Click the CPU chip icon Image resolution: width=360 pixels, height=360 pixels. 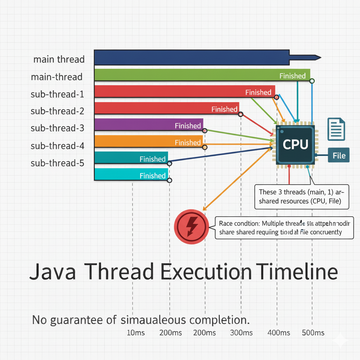[x=295, y=144]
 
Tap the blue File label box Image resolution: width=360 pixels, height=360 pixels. [x=339, y=155]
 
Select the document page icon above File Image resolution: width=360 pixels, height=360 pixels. [x=336, y=129]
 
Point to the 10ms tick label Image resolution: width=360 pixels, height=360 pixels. [x=135, y=333]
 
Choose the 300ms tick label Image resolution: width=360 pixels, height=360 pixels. [x=241, y=333]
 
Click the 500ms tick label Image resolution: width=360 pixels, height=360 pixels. [x=313, y=333]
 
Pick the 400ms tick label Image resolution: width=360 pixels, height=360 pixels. [x=278, y=333]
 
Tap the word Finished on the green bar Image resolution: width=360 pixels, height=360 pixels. [x=292, y=76]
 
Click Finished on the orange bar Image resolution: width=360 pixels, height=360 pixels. [x=188, y=142]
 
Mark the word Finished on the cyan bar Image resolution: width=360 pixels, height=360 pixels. [x=153, y=175]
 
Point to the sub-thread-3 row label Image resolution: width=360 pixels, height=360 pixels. [x=57, y=128]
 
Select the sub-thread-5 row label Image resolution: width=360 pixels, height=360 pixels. [x=57, y=163]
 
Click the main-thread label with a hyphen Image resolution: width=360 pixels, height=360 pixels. [x=57, y=77]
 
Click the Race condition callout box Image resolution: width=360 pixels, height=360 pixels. [x=284, y=228]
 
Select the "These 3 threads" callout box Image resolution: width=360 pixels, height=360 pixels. [x=301, y=197]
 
